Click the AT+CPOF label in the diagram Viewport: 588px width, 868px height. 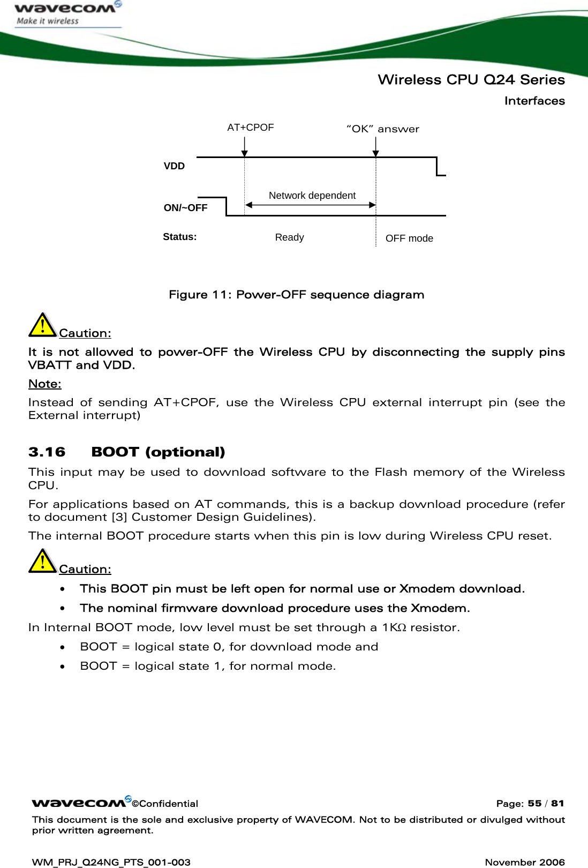[250, 128]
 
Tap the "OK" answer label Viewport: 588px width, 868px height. [383, 129]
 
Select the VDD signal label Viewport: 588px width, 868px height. [174, 166]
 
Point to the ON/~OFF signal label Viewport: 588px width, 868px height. [185, 208]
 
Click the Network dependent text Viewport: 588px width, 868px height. [312, 196]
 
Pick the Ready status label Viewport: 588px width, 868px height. [289, 237]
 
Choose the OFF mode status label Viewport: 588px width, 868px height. [409, 238]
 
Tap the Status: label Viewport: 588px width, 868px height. [179, 237]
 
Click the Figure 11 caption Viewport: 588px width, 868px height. [296, 295]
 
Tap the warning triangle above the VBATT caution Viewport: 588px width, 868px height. [42, 325]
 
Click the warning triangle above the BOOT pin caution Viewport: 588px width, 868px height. [42, 561]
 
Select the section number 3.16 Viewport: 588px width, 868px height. [47, 452]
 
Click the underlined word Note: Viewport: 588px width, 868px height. [44, 384]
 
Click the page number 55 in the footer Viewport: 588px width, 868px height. [534, 803]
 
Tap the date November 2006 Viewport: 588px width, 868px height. [524, 862]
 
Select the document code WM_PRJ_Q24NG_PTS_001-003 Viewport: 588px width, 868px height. [111, 862]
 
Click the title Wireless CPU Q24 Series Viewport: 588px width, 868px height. [471, 80]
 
